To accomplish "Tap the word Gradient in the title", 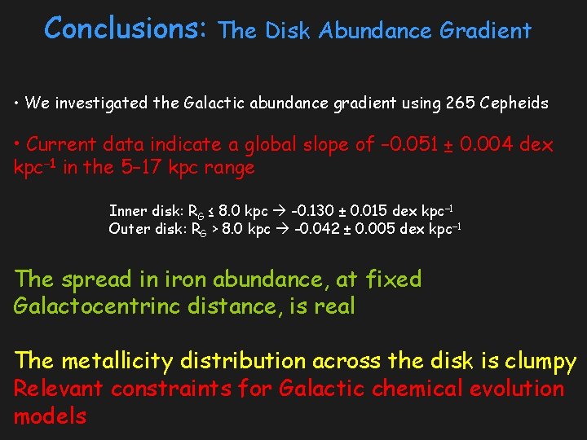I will point(485,31).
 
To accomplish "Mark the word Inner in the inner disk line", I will point(126,211).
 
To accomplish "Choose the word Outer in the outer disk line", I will point(127,229).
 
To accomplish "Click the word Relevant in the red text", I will point(59,389).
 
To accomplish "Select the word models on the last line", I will point(50,416).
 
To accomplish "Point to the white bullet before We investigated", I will point(17,103).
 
